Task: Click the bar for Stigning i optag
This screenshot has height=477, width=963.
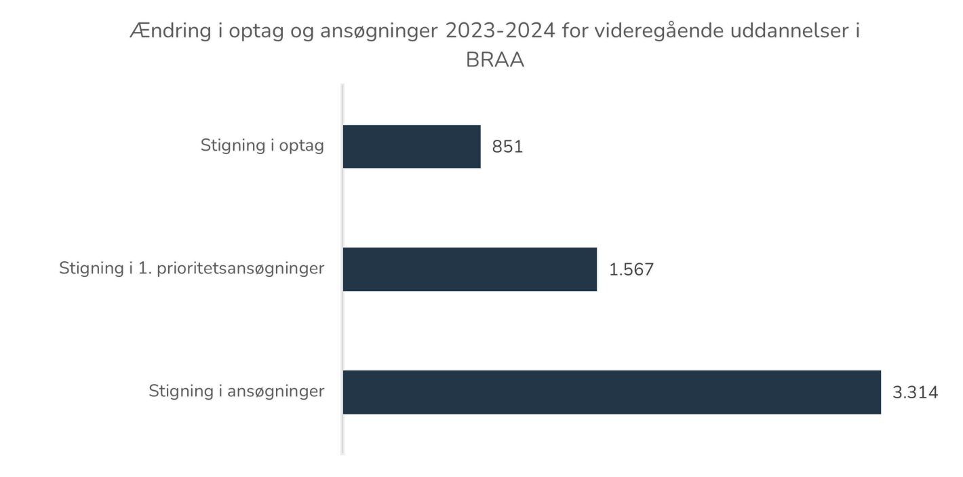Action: [412, 147]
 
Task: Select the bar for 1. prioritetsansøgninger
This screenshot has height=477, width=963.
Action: [471, 269]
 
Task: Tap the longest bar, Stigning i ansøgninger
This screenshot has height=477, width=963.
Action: [612, 392]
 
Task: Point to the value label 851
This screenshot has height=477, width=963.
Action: [507, 147]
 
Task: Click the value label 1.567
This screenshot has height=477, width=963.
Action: [631, 270]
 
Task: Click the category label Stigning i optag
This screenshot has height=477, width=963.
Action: [262, 146]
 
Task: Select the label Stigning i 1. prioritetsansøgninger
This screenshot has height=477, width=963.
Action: [192, 269]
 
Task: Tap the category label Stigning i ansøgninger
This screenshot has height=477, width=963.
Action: [237, 392]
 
